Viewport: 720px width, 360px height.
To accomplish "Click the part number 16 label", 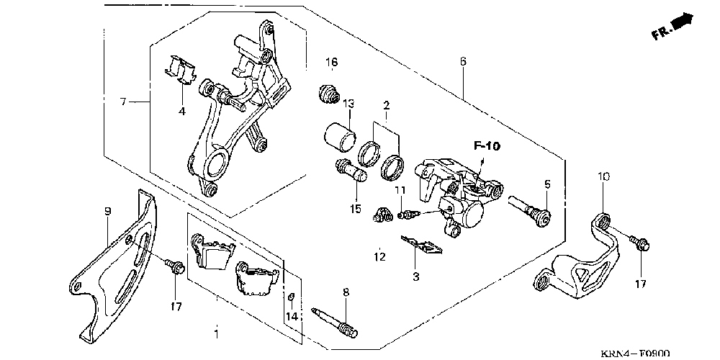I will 330,63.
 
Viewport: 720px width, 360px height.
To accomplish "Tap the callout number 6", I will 463,62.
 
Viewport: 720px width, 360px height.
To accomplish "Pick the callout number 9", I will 107,212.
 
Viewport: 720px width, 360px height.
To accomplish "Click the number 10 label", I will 603,176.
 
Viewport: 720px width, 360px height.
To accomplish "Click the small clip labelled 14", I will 291,297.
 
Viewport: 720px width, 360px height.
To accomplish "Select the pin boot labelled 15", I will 350,171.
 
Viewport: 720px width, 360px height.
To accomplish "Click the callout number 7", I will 123,102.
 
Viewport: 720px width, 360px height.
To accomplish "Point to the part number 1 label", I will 216,333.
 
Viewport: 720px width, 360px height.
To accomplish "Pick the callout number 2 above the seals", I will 386,106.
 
